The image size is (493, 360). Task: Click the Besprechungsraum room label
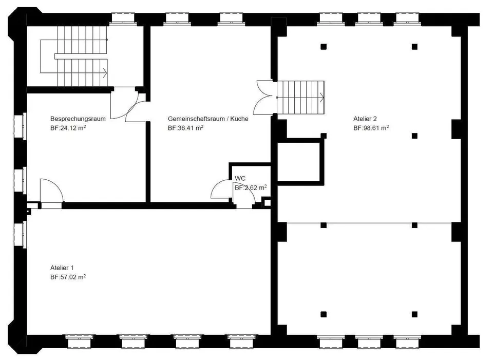tap(78, 119)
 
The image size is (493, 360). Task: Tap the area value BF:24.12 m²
tap(68, 128)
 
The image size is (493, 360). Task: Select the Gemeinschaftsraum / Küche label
tap(208, 119)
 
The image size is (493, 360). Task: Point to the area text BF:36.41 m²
tap(185, 128)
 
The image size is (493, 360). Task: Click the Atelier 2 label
tap(365, 119)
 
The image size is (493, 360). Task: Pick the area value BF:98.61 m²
tap(371, 128)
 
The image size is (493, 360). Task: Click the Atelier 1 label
tap(62, 268)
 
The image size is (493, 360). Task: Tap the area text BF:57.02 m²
tap(68, 277)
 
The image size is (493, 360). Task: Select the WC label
tap(240, 179)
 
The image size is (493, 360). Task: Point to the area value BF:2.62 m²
tap(251, 187)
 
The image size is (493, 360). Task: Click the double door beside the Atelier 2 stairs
tap(265, 98)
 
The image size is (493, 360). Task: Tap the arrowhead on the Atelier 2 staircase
tap(321, 98)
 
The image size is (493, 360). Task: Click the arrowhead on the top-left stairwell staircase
tap(105, 73)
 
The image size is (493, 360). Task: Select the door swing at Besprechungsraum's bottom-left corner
tap(52, 190)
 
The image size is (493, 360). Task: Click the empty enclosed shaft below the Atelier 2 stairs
tap(299, 162)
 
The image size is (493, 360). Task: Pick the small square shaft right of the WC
tap(267, 202)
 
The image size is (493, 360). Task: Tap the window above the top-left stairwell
tap(123, 19)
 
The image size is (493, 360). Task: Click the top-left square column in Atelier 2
tap(324, 47)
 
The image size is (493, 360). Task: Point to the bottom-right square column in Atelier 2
tap(415, 314)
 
